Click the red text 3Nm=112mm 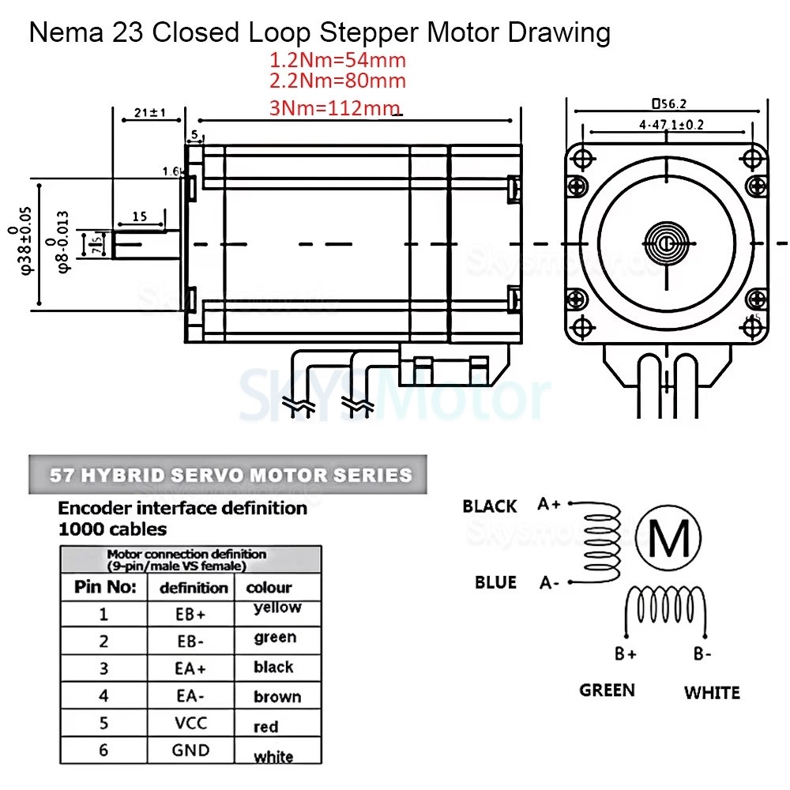pos(337,109)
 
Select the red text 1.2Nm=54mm pos(338,60)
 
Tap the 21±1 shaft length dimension pos(149,113)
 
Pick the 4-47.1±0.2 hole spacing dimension pos(667,125)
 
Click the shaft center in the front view pos(667,243)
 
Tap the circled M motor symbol pos(668,540)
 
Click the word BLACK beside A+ pos(490,506)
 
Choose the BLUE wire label pos(495,582)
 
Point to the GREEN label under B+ pos(607,690)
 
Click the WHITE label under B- pos(712,693)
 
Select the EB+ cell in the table pos(190,613)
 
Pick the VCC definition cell pos(190,722)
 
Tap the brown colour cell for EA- pos(277,697)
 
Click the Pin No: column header pos(105,587)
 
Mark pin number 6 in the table pos(103,750)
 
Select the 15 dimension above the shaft pos(139,216)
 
